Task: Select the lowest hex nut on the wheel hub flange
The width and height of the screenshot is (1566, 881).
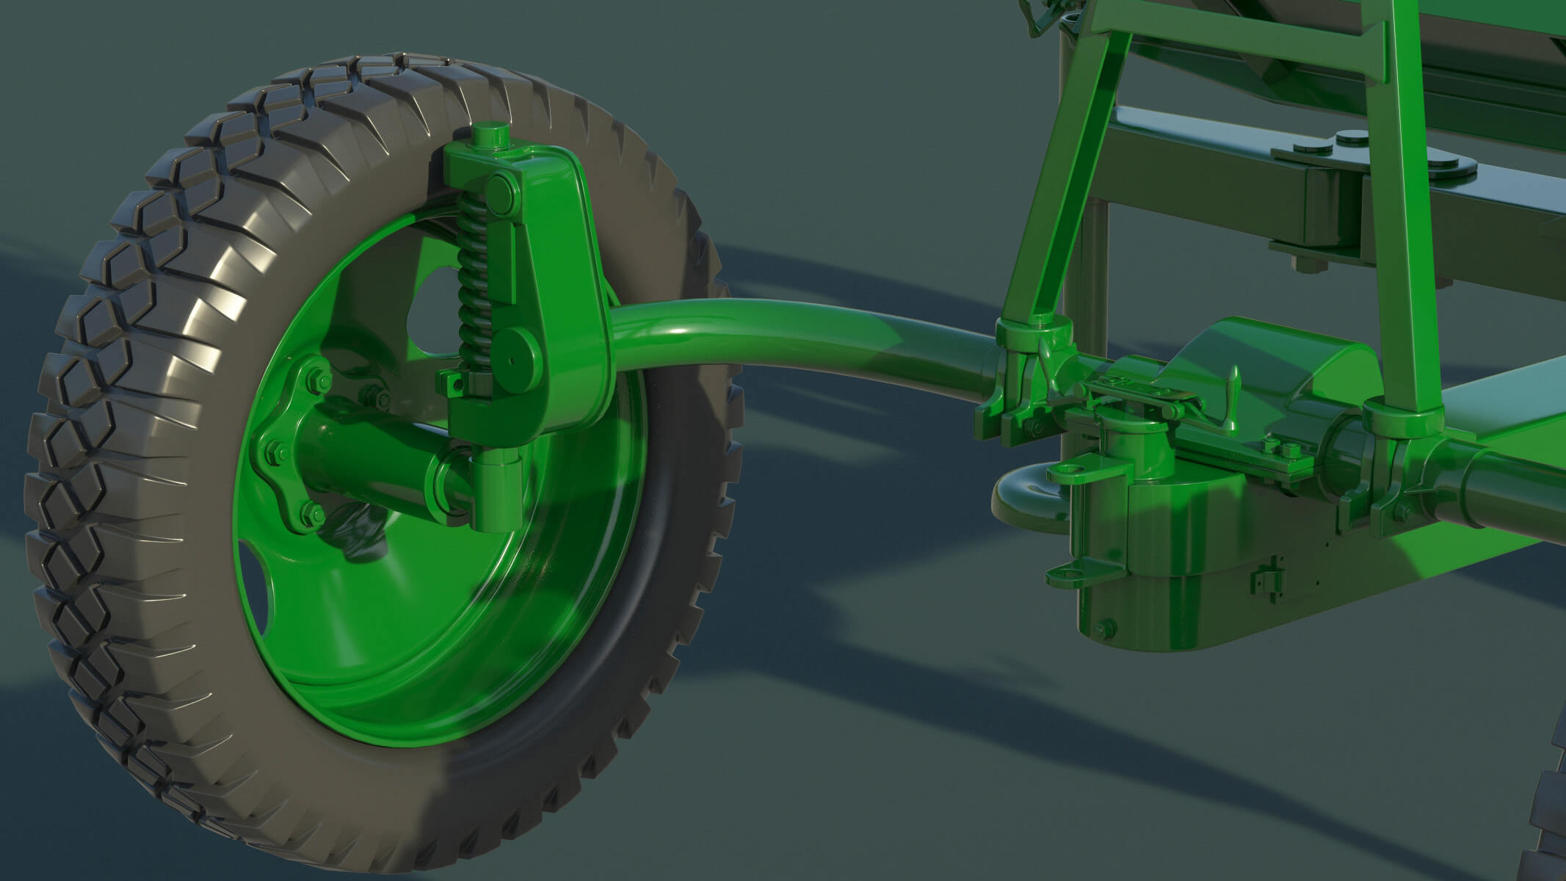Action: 312,513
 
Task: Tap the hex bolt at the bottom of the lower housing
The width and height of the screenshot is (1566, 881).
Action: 1104,629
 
